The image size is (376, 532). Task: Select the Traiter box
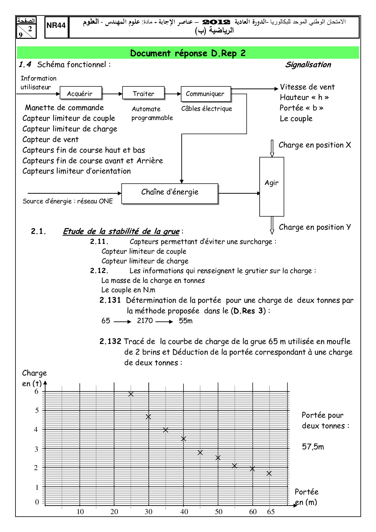(x=143, y=93)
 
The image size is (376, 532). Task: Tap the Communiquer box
(x=206, y=94)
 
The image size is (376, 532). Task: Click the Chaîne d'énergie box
(x=170, y=193)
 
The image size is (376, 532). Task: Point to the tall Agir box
(x=272, y=186)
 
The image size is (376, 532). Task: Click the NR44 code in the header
(x=56, y=26)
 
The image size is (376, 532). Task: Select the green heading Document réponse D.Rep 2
(x=188, y=53)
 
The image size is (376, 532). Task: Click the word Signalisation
(x=308, y=65)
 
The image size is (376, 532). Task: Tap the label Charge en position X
(x=315, y=145)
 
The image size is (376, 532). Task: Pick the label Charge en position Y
(x=315, y=227)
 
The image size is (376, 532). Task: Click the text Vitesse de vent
(x=307, y=87)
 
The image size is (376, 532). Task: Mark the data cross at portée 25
(x=131, y=394)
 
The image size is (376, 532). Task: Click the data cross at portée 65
(x=269, y=473)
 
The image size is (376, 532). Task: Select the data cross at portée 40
(x=183, y=439)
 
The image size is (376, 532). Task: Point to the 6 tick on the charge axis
(x=37, y=392)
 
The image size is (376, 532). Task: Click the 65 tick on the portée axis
(x=271, y=512)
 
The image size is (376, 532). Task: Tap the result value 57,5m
(x=313, y=447)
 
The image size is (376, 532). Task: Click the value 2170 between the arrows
(x=145, y=321)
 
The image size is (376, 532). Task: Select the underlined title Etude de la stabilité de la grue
(x=121, y=231)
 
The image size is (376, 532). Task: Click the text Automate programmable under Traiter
(x=152, y=113)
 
